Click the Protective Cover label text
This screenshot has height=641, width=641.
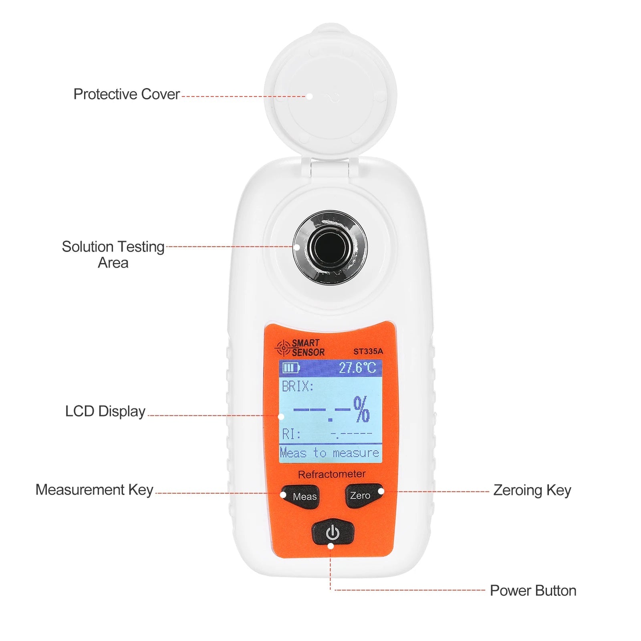click(126, 95)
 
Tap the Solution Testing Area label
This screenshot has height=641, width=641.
click(113, 254)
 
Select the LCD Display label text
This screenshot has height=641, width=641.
click(105, 411)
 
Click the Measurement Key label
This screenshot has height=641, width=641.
click(94, 490)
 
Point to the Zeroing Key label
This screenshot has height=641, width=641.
click(532, 490)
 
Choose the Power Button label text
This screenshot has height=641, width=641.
click(532, 591)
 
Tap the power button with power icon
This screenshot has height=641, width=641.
click(333, 533)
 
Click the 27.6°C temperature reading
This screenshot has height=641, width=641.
click(357, 368)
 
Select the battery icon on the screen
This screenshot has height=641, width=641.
click(291, 368)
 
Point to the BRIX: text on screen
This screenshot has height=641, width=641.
click(298, 387)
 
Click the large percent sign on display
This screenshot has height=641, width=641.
click(361, 409)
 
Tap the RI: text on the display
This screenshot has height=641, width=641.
click(291, 434)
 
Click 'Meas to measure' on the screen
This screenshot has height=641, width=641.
click(329, 453)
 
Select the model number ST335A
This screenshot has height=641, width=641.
click(368, 351)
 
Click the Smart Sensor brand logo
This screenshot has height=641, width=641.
click(300, 348)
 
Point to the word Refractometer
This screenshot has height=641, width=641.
click(331, 474)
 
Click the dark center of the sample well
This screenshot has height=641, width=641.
click(330, 247)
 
